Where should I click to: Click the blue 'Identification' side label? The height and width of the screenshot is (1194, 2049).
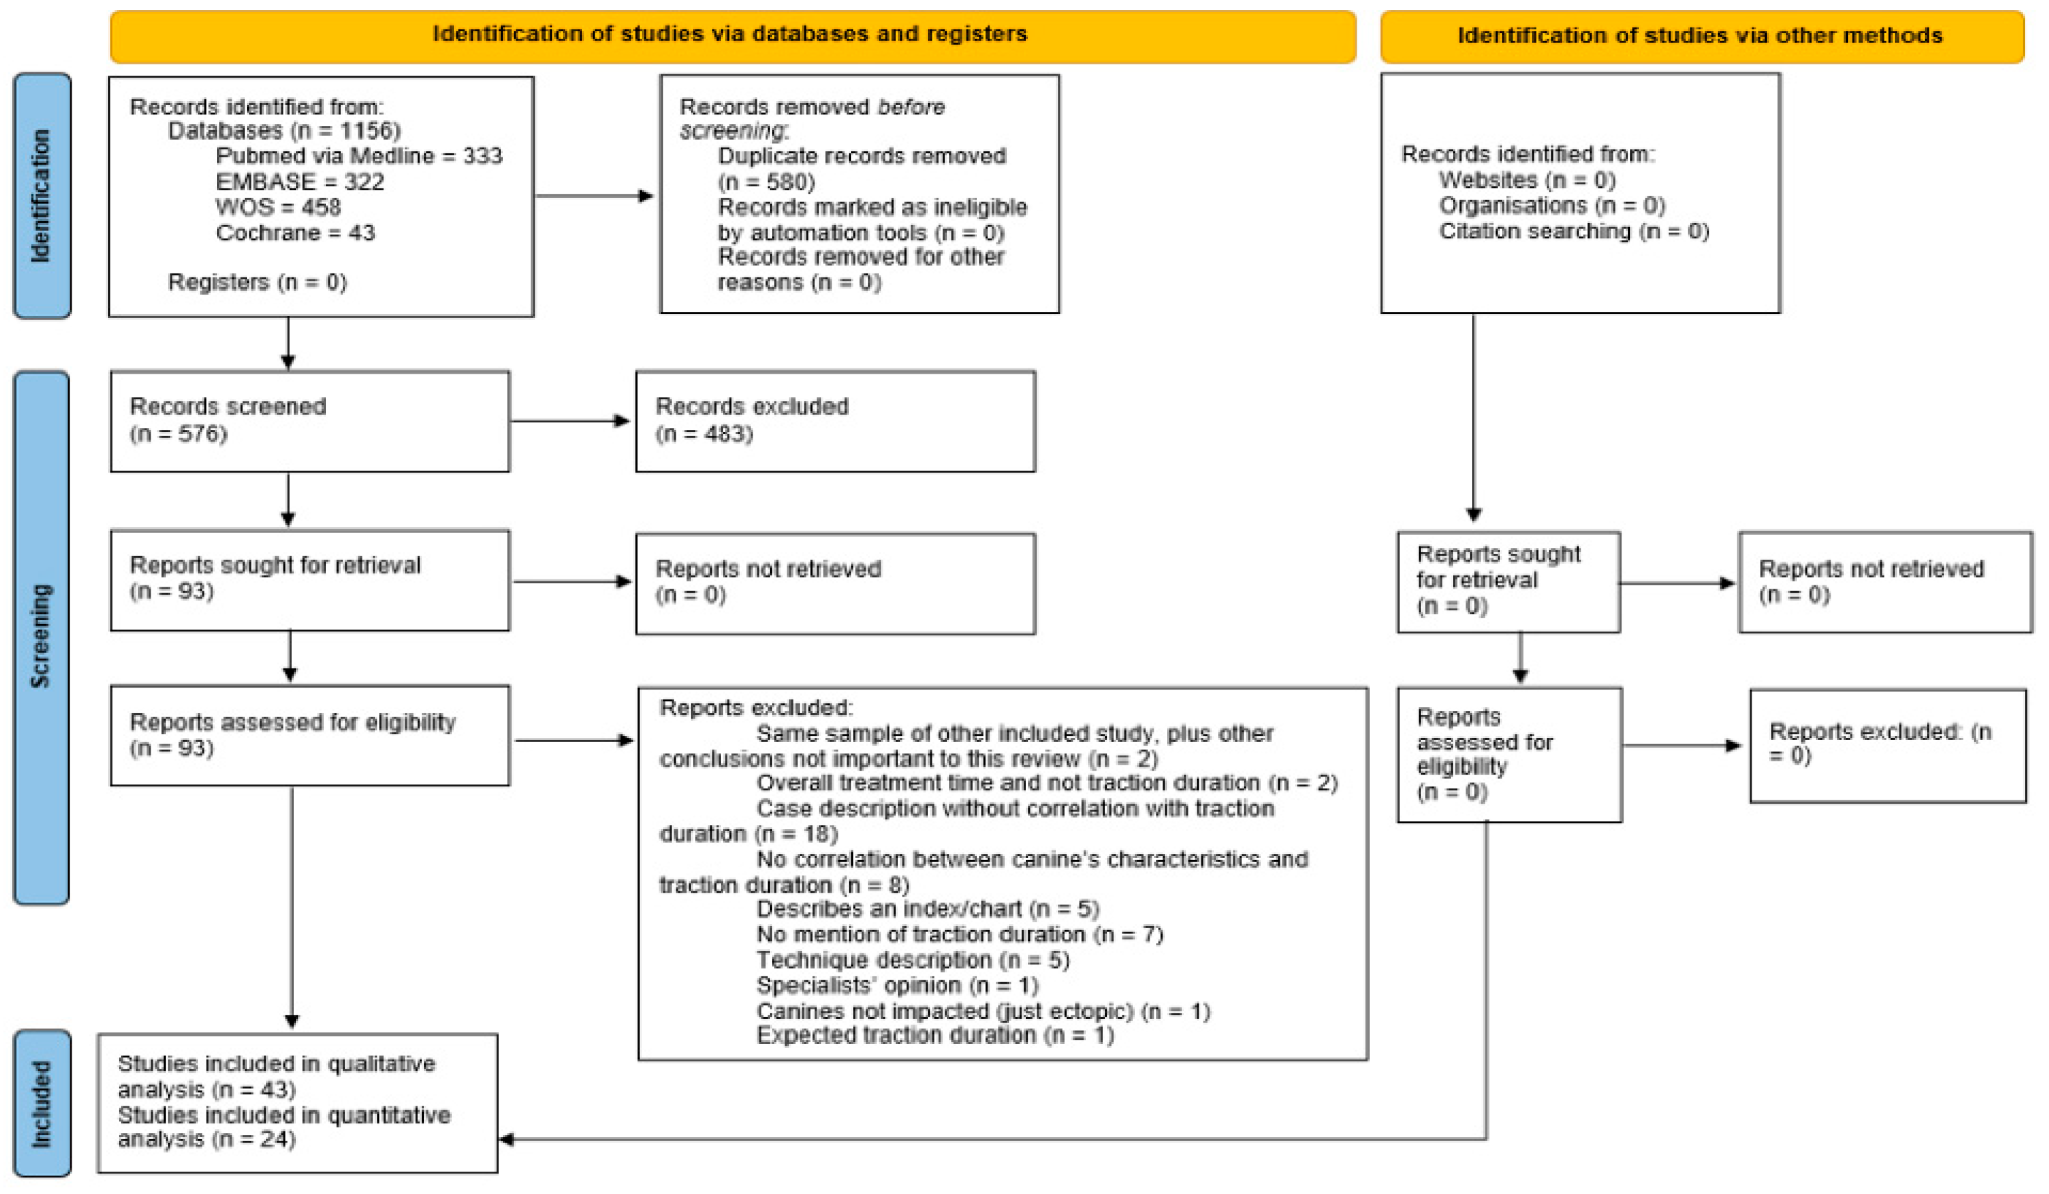click(x=41, y=195)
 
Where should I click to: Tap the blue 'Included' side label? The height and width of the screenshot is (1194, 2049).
click(x=41, y=1103)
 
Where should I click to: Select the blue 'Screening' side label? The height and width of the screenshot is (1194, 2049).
click(x=40, y=637)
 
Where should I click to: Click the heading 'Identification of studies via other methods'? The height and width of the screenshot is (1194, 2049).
click(x=1701, y=37)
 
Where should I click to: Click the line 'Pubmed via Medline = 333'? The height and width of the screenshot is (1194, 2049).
click(x=358, y=156)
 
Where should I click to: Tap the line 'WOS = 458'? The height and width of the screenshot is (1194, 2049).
click(x=278, y=207)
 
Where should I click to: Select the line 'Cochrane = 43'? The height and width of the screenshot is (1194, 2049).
click(x=295, y=233)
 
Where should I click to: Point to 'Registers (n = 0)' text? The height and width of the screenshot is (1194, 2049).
click(x=257, y=282)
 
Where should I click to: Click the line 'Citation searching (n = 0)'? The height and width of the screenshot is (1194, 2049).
click(x=1574, y=232)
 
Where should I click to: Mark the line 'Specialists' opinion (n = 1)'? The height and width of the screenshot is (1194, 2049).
click(x=897, y=986)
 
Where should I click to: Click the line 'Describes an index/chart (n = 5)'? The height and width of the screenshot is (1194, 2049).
click(x=928, y=909)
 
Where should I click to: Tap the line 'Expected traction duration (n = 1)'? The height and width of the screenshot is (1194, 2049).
click(x=935, y=1035)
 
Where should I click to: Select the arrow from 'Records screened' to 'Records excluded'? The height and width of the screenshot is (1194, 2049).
click(x=571, y=421)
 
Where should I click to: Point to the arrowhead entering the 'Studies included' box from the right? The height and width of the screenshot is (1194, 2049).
click(x=506, y=1139)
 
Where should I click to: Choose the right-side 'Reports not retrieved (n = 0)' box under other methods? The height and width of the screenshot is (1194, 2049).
click(x=1886, y=582)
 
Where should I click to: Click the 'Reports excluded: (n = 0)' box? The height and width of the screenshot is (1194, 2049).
click(x=1888, y=745)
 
